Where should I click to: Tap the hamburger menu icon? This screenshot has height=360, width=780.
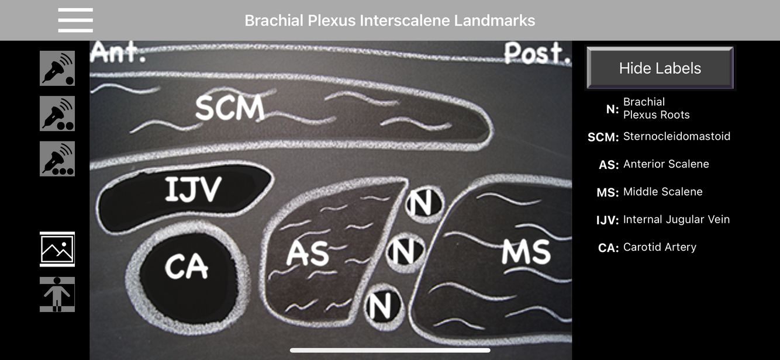click(x=75, y=20)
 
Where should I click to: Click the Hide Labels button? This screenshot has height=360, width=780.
click(x=660, y=68)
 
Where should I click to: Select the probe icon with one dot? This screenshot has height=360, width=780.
click(x=57, y=68)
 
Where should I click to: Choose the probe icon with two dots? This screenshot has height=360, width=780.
click(x=57, y=113)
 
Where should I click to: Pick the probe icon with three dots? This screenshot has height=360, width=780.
click(x=57, y=158)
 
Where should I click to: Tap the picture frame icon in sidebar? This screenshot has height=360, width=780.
click(x=57, y=249)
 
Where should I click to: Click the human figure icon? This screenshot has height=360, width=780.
click(x=57, y=295)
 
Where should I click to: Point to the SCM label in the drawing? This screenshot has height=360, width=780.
click(x=229, y=108)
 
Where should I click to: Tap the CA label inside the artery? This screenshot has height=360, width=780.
click(x=186, y=267)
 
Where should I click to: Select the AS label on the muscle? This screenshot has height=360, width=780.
click(x=308, y=254)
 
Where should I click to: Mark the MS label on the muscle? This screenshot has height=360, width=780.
click(x=526, y=252)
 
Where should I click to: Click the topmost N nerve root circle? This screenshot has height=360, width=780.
click(x=424, y=204)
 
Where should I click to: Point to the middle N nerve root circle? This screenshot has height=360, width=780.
click(x=405, y=252)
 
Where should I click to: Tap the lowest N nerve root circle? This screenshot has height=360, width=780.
click(x=385, y=304)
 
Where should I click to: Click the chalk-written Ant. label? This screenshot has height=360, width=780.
click(x=119, y=53)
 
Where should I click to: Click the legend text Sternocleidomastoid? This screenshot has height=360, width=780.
click(x=677, y=137)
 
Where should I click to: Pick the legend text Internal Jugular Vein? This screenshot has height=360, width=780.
click(x=677, y=220)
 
